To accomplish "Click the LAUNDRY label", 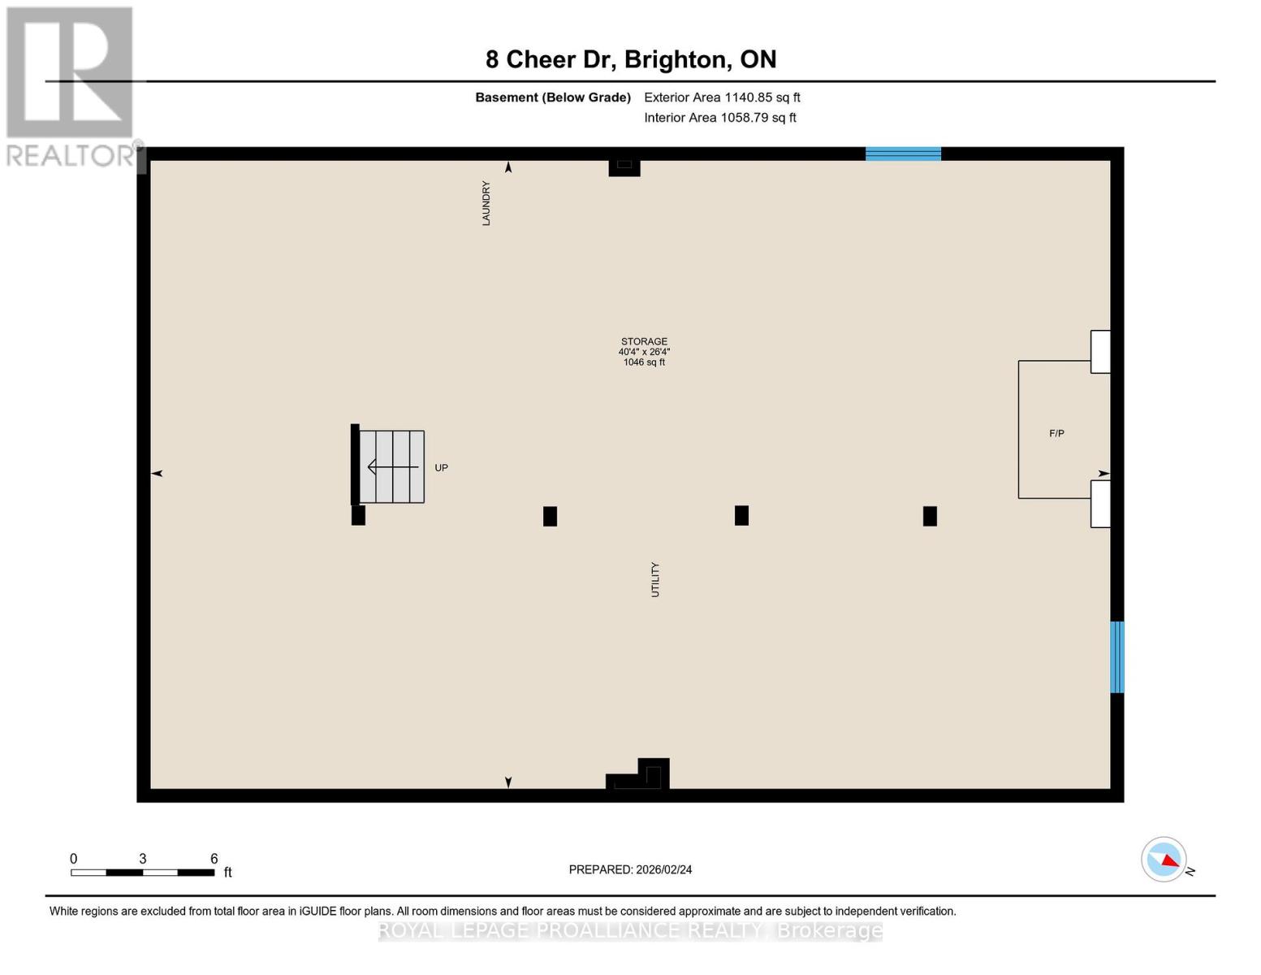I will pos(486,203).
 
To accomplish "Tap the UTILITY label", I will pos(655,579).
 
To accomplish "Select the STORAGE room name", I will pos(644,341).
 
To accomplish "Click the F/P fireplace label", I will pos(1056,434).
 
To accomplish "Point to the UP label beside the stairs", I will pos(441,468).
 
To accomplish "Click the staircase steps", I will pos(392,466).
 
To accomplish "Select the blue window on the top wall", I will pos(903,154).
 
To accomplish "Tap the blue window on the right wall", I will pos(1117,656).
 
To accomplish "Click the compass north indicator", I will pos(1164,860).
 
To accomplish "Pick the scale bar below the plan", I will pos(142,873).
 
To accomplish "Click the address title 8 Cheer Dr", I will pos(631,59).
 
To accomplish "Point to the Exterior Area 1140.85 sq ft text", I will pos(722,97).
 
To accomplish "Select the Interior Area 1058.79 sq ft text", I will pos(720,118).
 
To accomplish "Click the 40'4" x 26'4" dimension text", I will pos(644,352).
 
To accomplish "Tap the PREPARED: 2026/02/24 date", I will pos(630,869).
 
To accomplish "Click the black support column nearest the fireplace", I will pos(930,516).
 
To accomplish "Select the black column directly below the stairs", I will pos(358,515).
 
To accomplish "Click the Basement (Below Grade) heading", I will pos(553,97).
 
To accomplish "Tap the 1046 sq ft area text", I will pos(644,362).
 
